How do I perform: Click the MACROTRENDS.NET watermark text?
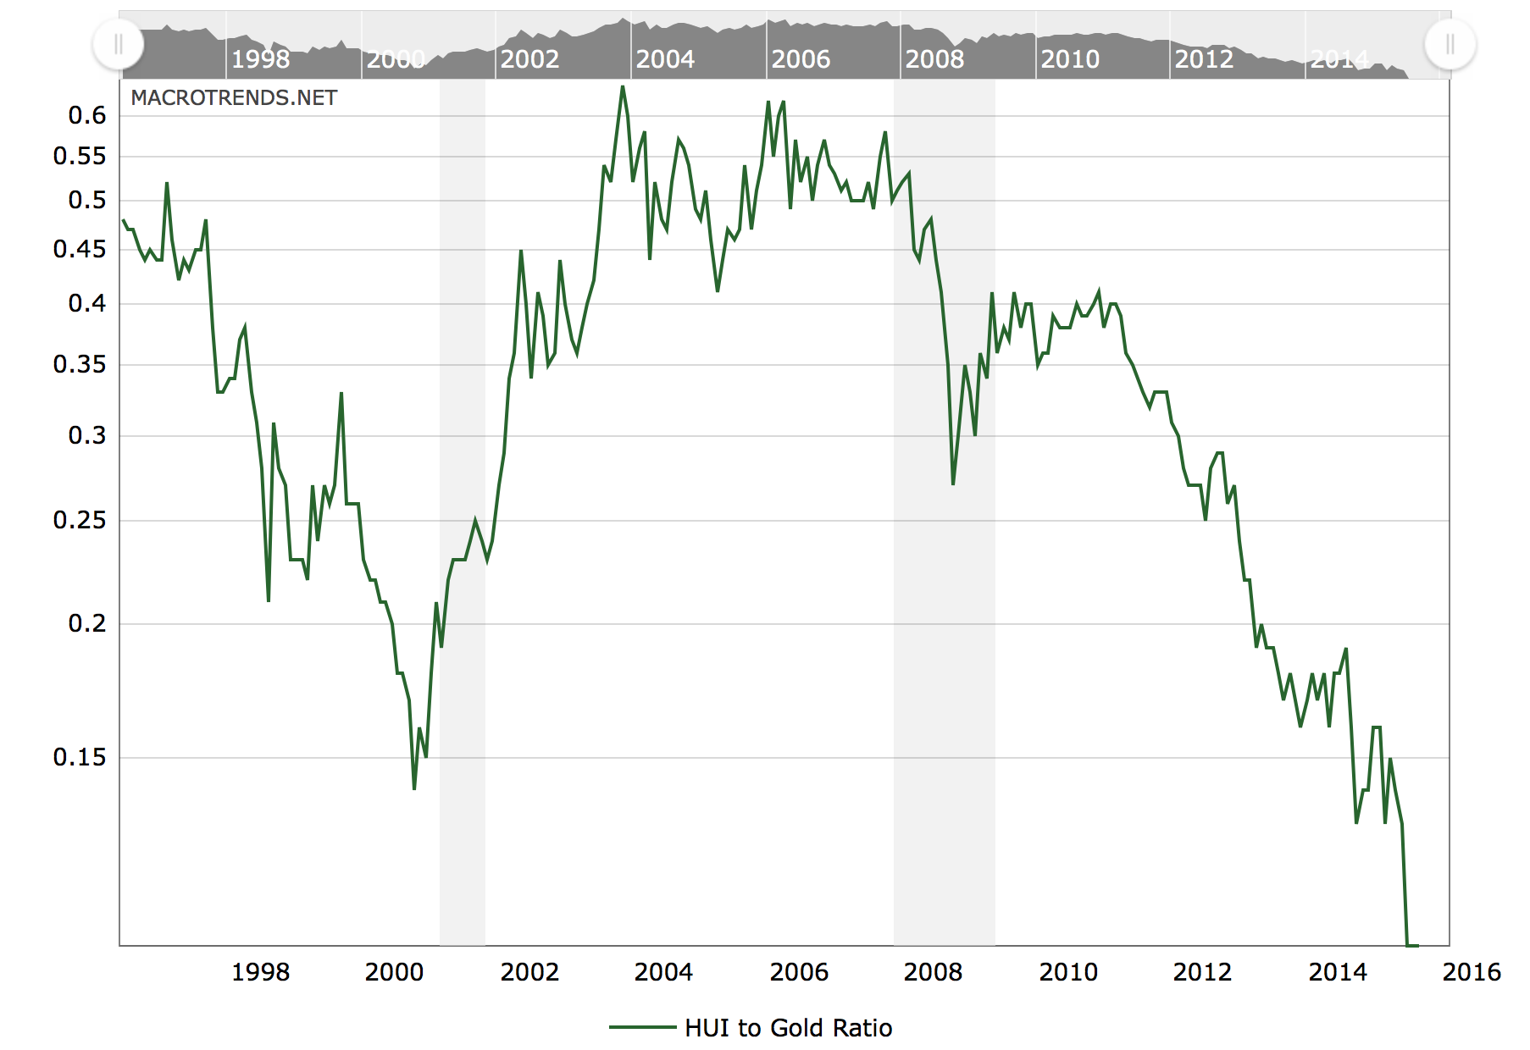pyautogui.click(x=234, y=98)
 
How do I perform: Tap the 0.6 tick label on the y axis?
pyautogui.click(x=87, y=116)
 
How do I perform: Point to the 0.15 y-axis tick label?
pyautogui.click(x=80, y=757)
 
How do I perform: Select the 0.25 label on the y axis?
pyautogui.click(x=80, y=520)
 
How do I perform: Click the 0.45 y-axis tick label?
pyautogui.click(x=80, y=249)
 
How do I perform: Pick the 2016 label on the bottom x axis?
pyautogui.click(x=1472, y=972)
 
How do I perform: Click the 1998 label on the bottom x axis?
pyautogui.click(x=260, y=972)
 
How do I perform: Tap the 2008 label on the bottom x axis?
pyautogui.click(x=933, y=972)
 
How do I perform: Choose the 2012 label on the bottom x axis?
pyautogui.click(x=1202, y=972)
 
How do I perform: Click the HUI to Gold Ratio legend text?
pyautogui.click(x=788, y=1028)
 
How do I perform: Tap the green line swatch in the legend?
pyautogui.click(x=643, y=1028)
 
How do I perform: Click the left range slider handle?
pyautogui.click(x=119, y=44)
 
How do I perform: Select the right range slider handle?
pyautogui.click(x=1450, y=44)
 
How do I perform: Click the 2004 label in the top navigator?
pyautogui.click(x=665, y=59)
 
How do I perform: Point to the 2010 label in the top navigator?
pyautogui.click(x=1070, y=59)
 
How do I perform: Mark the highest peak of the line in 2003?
pyautogui.click(x=623, y=86)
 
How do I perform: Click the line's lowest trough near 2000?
pyautogui.click(x=414, y=788)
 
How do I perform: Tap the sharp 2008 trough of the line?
pyautogui.click(x=953, y=484)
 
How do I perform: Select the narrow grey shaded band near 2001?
pyautogui.click(x=463, y=508)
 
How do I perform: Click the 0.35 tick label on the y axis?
pyautogui.click(x=80, y=364)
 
